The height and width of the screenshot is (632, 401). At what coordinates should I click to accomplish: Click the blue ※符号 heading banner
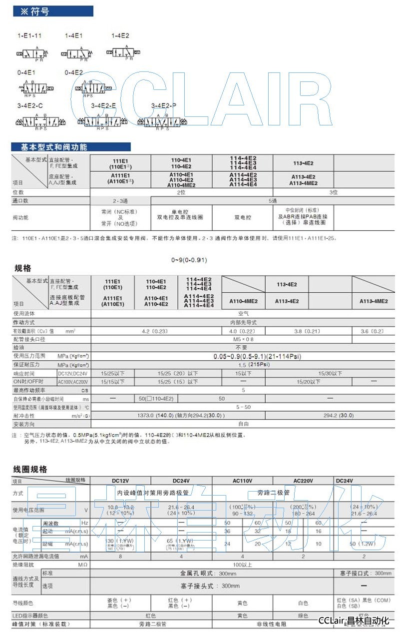pos(52,11)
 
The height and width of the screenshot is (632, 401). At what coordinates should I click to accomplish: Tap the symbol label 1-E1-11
pos(29,36)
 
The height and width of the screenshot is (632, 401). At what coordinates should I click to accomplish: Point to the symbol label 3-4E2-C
pos(30,105)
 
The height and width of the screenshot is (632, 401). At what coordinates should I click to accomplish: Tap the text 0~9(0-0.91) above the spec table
pos(189,260)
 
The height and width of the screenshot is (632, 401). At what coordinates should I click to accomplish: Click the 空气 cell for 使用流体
pos(243,313)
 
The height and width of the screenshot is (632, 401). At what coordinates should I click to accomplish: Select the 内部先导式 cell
pos(243,322)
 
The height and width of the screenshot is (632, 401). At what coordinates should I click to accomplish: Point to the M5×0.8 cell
pos(243,339)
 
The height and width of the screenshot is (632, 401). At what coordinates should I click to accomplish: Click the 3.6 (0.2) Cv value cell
pos(373,331)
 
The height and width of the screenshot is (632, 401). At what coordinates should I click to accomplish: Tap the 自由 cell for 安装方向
pos(243,424)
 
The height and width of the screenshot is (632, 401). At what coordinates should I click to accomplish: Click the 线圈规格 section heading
pos(30,469)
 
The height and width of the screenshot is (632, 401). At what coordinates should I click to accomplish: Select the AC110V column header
pos(243,481)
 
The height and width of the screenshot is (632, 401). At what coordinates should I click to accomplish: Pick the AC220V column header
pos(303,481)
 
